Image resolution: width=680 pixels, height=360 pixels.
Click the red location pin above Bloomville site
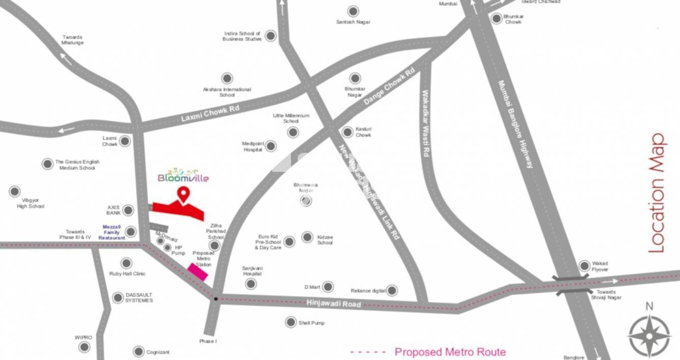click(x=183, y=193)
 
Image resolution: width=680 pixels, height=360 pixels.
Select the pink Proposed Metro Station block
click(x=197, y=272)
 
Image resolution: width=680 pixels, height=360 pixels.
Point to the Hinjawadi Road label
click(x=334, y=304)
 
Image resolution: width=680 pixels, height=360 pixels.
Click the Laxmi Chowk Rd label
click(x=210, y=114)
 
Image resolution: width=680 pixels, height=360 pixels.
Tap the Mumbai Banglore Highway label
click(x=516, y=124)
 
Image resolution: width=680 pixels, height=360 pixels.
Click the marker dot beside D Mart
click(x=328, y=287)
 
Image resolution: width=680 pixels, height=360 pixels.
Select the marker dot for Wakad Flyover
click(x=584, y=265)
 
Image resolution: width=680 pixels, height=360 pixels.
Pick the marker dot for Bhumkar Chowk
click(x=497, y=19)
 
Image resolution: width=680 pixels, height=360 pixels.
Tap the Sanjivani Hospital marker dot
click(x=251, y=284)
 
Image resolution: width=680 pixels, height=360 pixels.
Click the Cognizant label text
click(x=158, y=352)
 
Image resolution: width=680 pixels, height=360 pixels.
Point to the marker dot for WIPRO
click(x=84, y=347)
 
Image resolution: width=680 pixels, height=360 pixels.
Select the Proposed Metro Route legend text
click(x=450, y=352)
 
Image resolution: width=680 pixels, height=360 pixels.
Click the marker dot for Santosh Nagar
click(x=353, y=11)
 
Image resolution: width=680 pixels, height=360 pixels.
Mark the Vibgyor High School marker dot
click(x=15, y=191)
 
